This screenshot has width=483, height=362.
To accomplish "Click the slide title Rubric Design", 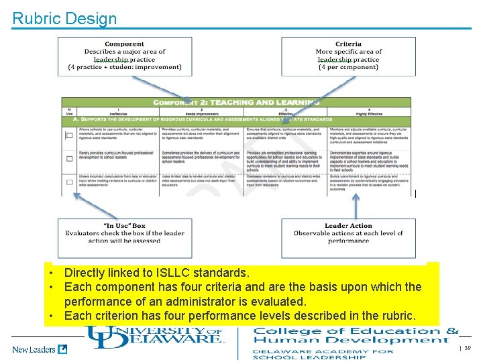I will coord(64,18).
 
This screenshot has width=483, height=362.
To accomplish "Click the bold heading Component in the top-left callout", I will coord(124,44).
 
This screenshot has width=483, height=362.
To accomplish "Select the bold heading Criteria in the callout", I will coord(348,44).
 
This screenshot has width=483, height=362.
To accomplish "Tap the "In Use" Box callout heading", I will coord(125,226).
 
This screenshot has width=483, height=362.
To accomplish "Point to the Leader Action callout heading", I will coord(348,226).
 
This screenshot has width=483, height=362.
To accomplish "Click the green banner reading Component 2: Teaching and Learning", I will coord(236,102).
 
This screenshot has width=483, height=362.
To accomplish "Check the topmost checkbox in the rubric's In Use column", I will coord(69,135).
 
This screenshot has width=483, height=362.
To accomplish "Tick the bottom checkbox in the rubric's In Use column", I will coord(69,182).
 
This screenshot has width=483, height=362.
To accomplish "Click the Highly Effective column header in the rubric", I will coord(370,113).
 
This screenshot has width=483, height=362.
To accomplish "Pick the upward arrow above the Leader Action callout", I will coord(356,204).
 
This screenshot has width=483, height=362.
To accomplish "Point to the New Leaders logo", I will coord(40,349).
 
